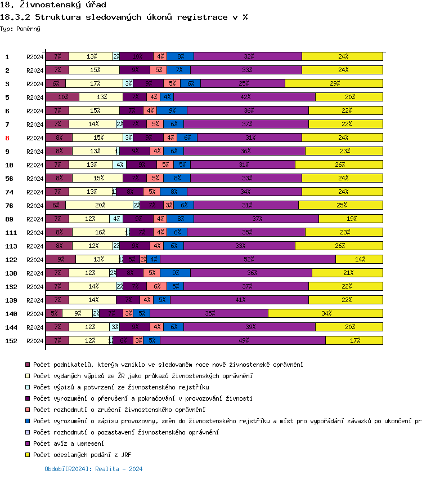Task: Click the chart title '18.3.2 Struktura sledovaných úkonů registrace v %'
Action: coord(124,17)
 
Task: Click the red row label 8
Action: coord(7,138)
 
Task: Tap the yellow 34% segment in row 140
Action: coord(326,313)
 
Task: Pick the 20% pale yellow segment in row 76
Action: coord(100,205)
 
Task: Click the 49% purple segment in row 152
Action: coord(243,340)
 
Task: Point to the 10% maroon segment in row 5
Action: coord(62,97)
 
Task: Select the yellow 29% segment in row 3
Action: coord(334,83)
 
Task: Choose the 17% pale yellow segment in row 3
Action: coord(95,83)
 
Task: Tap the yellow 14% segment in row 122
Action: coord(360,259)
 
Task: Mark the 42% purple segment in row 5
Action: coord(245,97)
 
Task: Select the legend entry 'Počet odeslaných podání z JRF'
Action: coord(82,455)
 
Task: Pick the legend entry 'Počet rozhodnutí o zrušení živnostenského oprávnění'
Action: coord(119,410)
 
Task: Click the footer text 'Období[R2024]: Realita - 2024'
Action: coord(93,469)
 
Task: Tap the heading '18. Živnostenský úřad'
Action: coord(54,5)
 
